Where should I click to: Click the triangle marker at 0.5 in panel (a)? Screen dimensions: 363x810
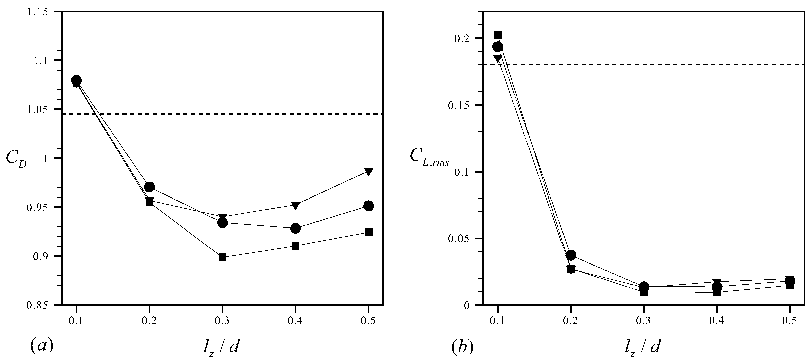coord(369,172)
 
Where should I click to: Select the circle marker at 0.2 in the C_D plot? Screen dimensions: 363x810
coord(149,187)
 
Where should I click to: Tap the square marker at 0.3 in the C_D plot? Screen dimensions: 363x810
coord(222,257)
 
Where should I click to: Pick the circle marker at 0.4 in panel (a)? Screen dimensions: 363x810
coord(295,228)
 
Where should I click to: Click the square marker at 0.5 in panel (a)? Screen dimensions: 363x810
coord(369,232)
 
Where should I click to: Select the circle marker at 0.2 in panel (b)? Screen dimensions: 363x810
coord(571,255)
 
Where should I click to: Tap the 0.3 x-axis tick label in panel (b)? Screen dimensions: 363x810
coord(644,321)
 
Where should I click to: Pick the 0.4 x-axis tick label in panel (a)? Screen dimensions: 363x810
coord(295,321)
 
